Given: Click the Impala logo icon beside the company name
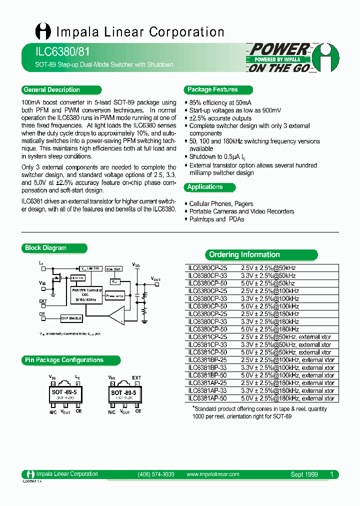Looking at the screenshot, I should pyautogui.click(x=43, y=32).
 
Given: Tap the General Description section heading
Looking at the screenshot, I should pyautogui.click(x=51, y=90).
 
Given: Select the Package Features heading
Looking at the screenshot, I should pyautogui.click(x=212, y=90).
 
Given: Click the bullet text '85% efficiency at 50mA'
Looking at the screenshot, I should pyautogui.click(x=220, y=102).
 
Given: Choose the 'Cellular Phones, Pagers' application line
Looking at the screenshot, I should pyautogui.click(x=221, y=204).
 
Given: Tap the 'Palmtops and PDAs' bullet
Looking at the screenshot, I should pyautogui.click(x=216, y=219).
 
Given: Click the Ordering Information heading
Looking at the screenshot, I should pyautogui.click(x=244, y=255).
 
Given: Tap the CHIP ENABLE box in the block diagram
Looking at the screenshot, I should pyautogui.click(x=72, y=317).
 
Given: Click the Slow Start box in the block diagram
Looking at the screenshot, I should pyautogui.click(x=113, y=269).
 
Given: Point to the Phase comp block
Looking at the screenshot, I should pyautogui.click(x=115, y=295).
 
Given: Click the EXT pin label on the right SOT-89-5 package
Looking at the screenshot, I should pyautogui.click(x=136, y=378).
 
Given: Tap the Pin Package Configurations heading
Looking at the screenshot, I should pyautogui.click(x=64, y=360).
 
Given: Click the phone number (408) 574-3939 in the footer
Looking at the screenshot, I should pyautogui.click(x=155, y=474).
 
